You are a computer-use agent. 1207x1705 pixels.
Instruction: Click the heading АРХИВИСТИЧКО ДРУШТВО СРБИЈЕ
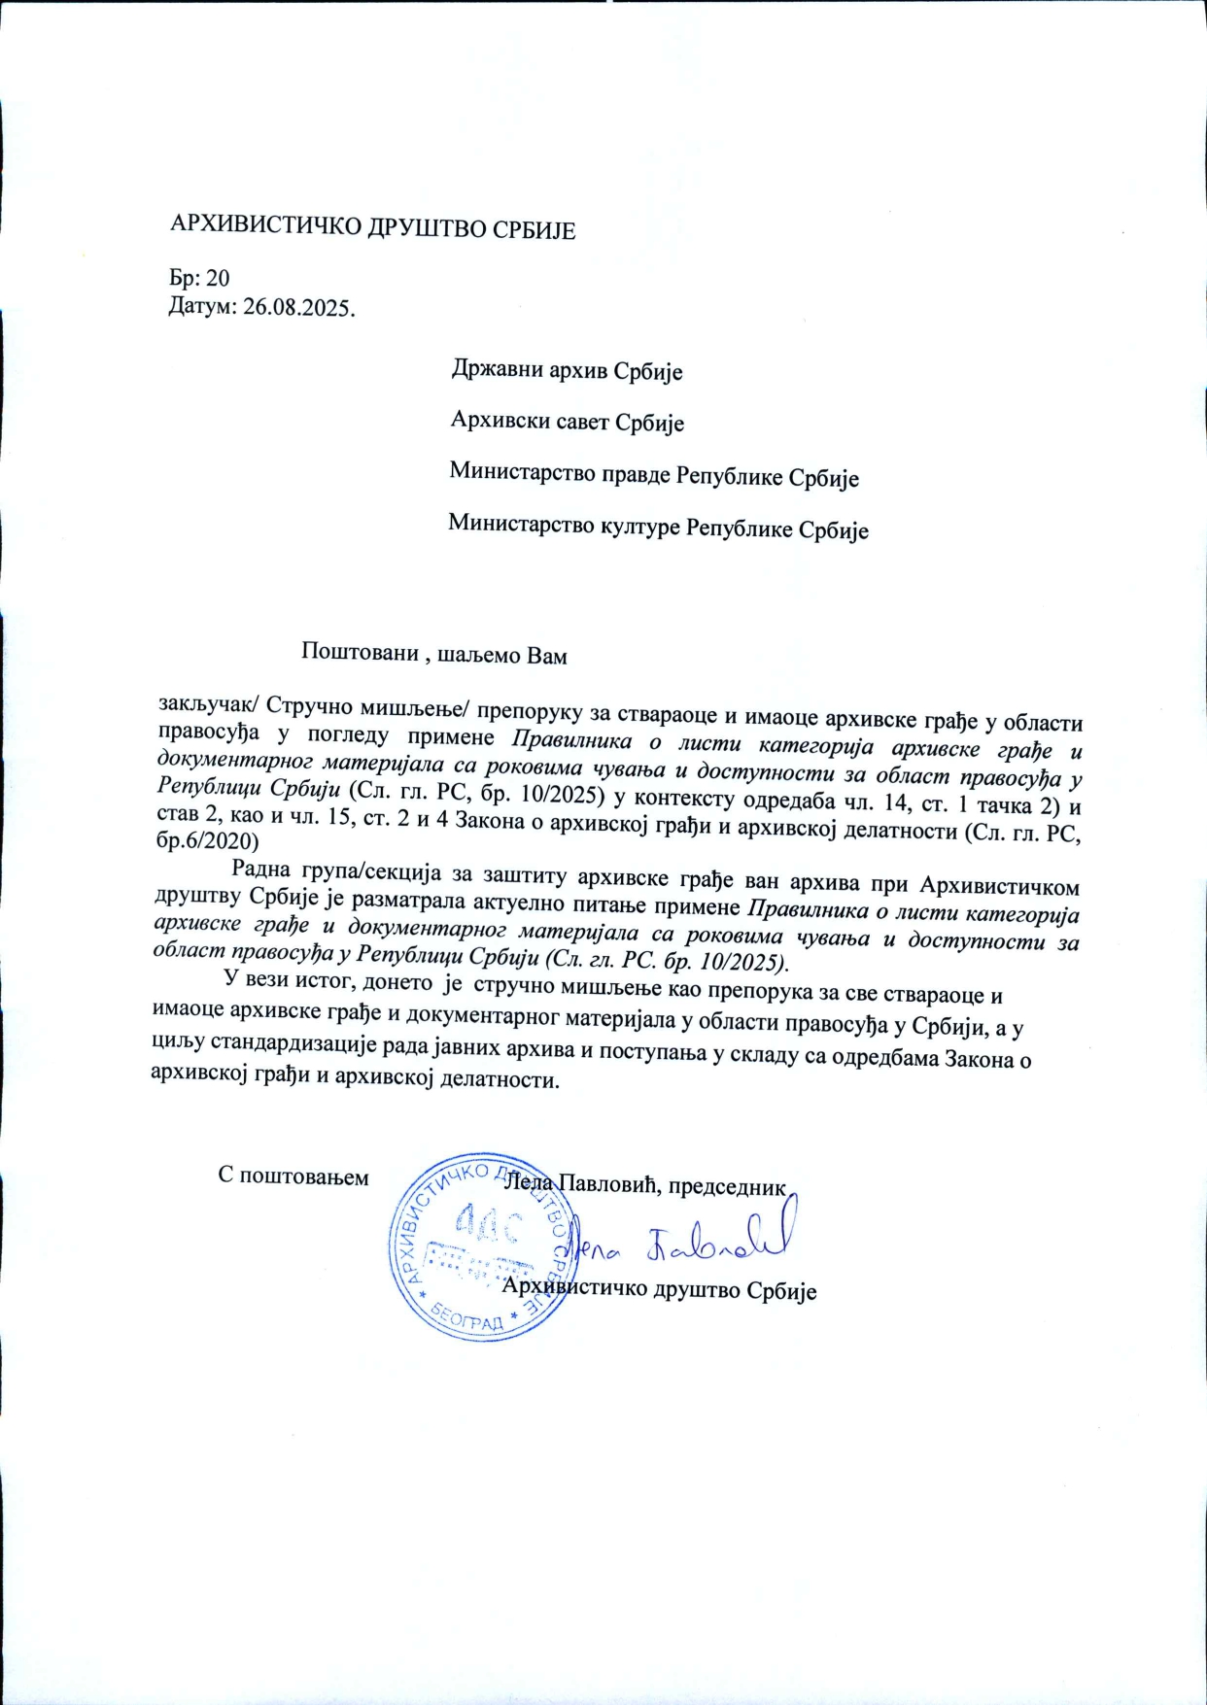click(373, 229)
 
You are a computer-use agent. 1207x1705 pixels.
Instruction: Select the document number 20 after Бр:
click(219, 279)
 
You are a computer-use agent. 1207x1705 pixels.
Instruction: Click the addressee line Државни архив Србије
click(567, 370)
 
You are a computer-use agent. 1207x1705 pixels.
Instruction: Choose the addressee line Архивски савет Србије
click(568, 422)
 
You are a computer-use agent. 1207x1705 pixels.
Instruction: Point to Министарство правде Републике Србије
click(654, 476)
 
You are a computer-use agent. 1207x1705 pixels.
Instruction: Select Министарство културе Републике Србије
click(658, 529)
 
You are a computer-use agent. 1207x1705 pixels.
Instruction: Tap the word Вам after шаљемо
click(546, 656)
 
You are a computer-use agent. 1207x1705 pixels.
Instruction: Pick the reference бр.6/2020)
click(208, 840)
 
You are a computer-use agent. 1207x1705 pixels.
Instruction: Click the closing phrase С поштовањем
click(293, 1176)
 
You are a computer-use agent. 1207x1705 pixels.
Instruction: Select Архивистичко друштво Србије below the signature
click(659, 1289)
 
